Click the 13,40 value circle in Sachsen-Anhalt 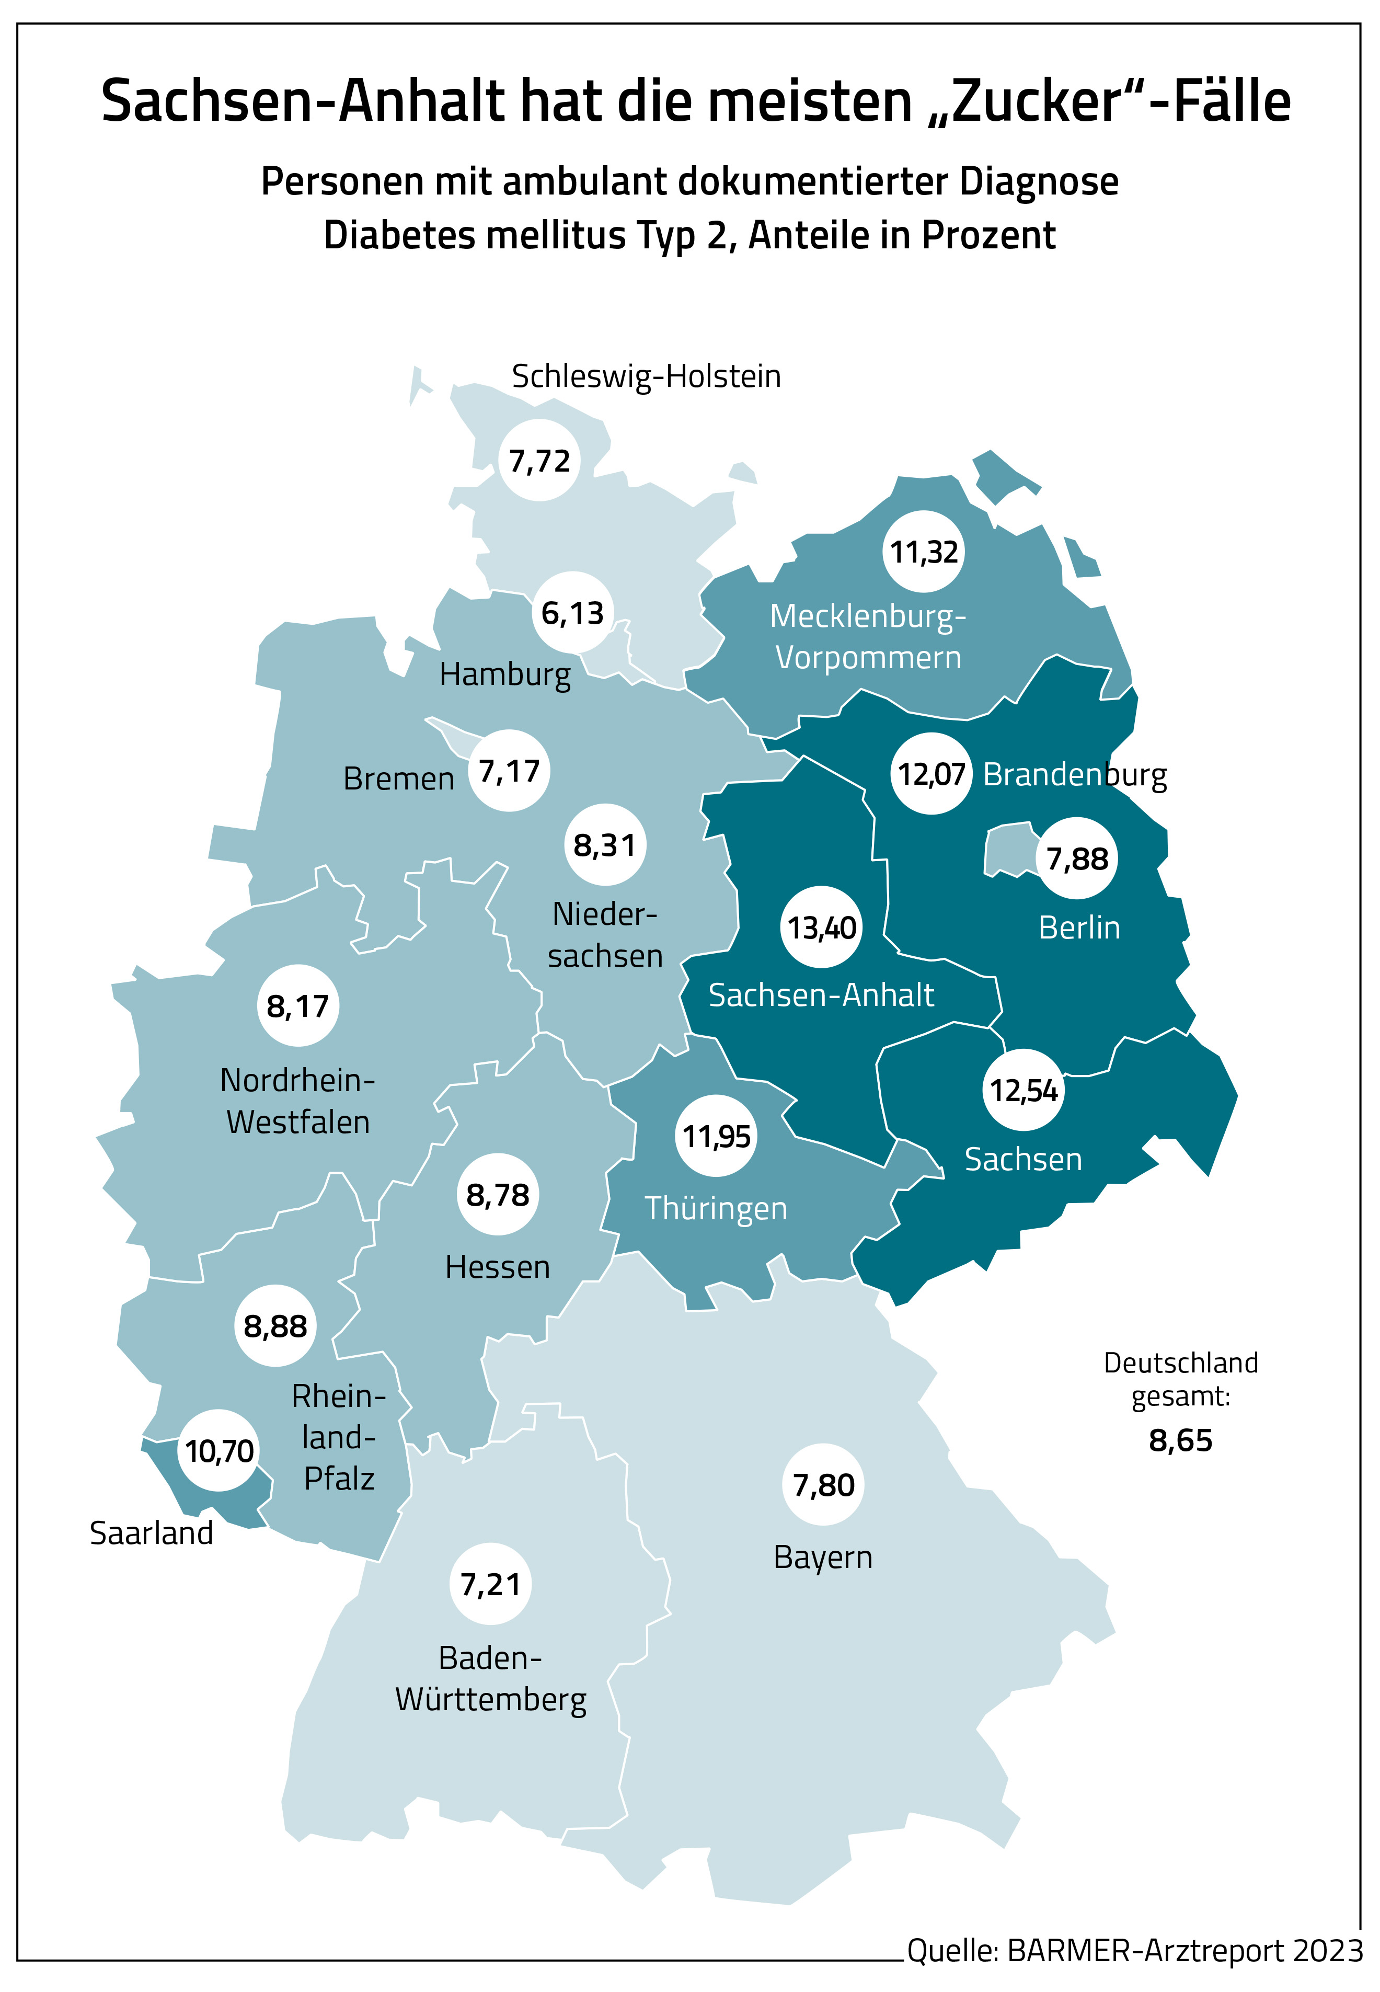click(x=821, y=928)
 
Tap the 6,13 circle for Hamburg click(x=572, y=613)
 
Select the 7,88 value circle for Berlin click(x=1076, y=858)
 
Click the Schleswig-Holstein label click(x=646, y=376)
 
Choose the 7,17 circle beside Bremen click(x=509, y=770)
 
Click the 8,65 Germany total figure click(x=1180, y=1440)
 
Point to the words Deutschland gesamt click(x=1180, y=1379)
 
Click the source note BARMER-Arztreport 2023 click(x=1134, y=1951)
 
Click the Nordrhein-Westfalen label click(x=297, y=1101)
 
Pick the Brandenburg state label click(x=1075, y=775)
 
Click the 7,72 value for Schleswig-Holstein click(x=539, y=461)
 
